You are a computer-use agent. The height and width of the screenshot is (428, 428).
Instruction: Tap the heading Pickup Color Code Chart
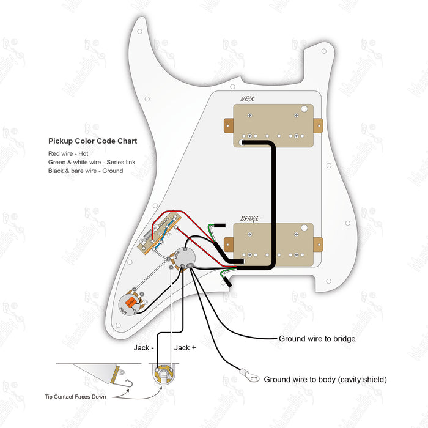pos(92,141)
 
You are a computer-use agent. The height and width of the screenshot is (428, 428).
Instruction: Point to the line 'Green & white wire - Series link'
pos(92,162)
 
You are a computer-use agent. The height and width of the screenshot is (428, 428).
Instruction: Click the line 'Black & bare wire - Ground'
pos(86,171)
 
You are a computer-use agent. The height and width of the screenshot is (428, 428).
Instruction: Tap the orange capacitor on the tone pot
pos(130,302)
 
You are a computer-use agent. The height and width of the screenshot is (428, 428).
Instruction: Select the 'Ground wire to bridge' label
pos(317,338)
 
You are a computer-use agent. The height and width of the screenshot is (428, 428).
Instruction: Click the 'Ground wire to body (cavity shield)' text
pos(325,380)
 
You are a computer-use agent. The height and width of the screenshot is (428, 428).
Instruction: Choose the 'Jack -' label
pos(144,347)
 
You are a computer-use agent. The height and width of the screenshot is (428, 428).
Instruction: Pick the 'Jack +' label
pos(185,347)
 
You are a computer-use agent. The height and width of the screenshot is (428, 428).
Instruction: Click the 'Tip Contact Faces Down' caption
pos(75,397)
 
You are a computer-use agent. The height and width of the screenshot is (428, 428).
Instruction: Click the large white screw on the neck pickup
pos(304,109)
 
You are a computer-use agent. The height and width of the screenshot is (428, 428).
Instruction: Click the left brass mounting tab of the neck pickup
pos(229,126)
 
